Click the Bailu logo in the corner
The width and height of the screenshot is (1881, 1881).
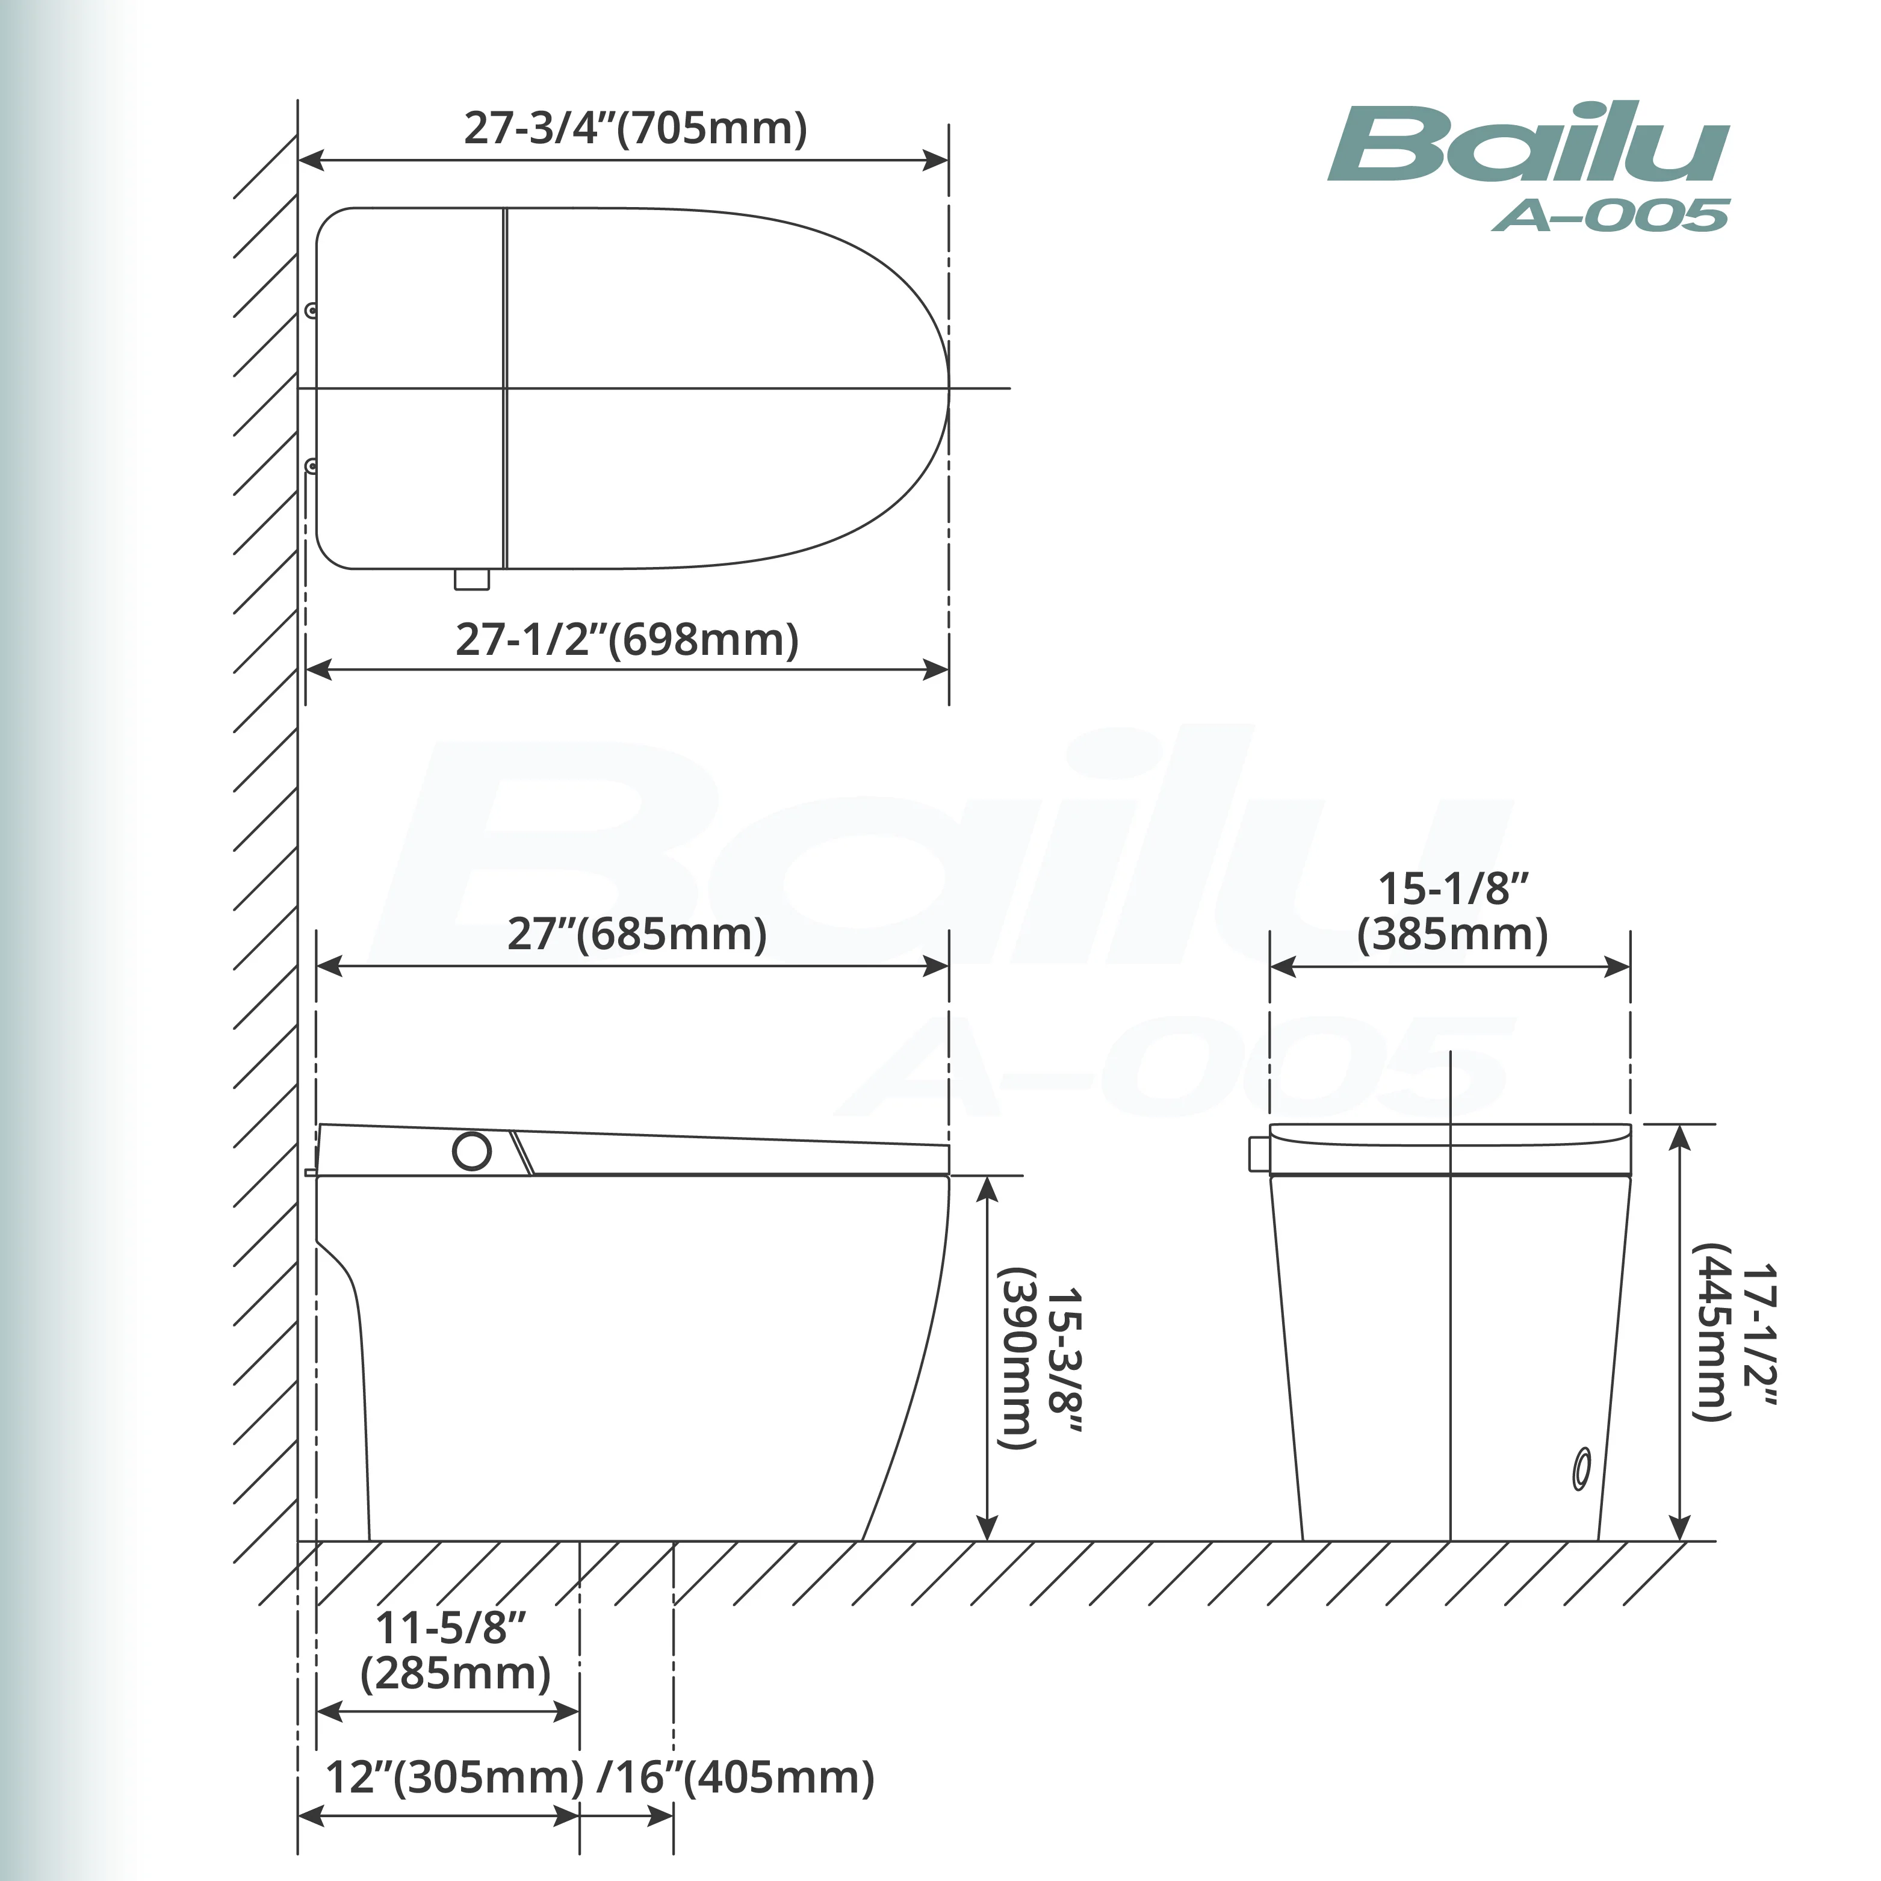[x=1528, y=144]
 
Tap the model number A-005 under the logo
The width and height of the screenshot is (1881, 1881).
[x=1610, y=214]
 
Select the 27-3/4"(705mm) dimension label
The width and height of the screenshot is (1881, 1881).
[x=636, y=128]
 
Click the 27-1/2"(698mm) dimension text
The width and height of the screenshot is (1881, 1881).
[x=628, y=640]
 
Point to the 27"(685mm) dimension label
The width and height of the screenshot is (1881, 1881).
[x=637, y=934]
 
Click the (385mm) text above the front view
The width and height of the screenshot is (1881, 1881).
[x=1452, y=934]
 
